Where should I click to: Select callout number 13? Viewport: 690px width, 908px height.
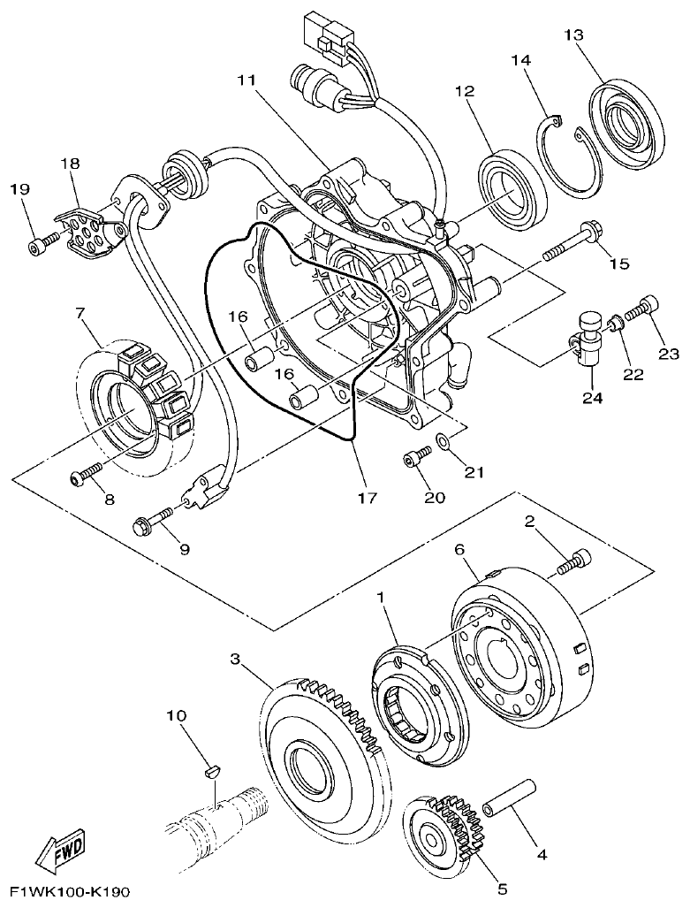[573, 34]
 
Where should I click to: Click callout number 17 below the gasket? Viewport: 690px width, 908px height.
[368, 497]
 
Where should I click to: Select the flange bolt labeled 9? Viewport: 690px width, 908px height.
[154, 520]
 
